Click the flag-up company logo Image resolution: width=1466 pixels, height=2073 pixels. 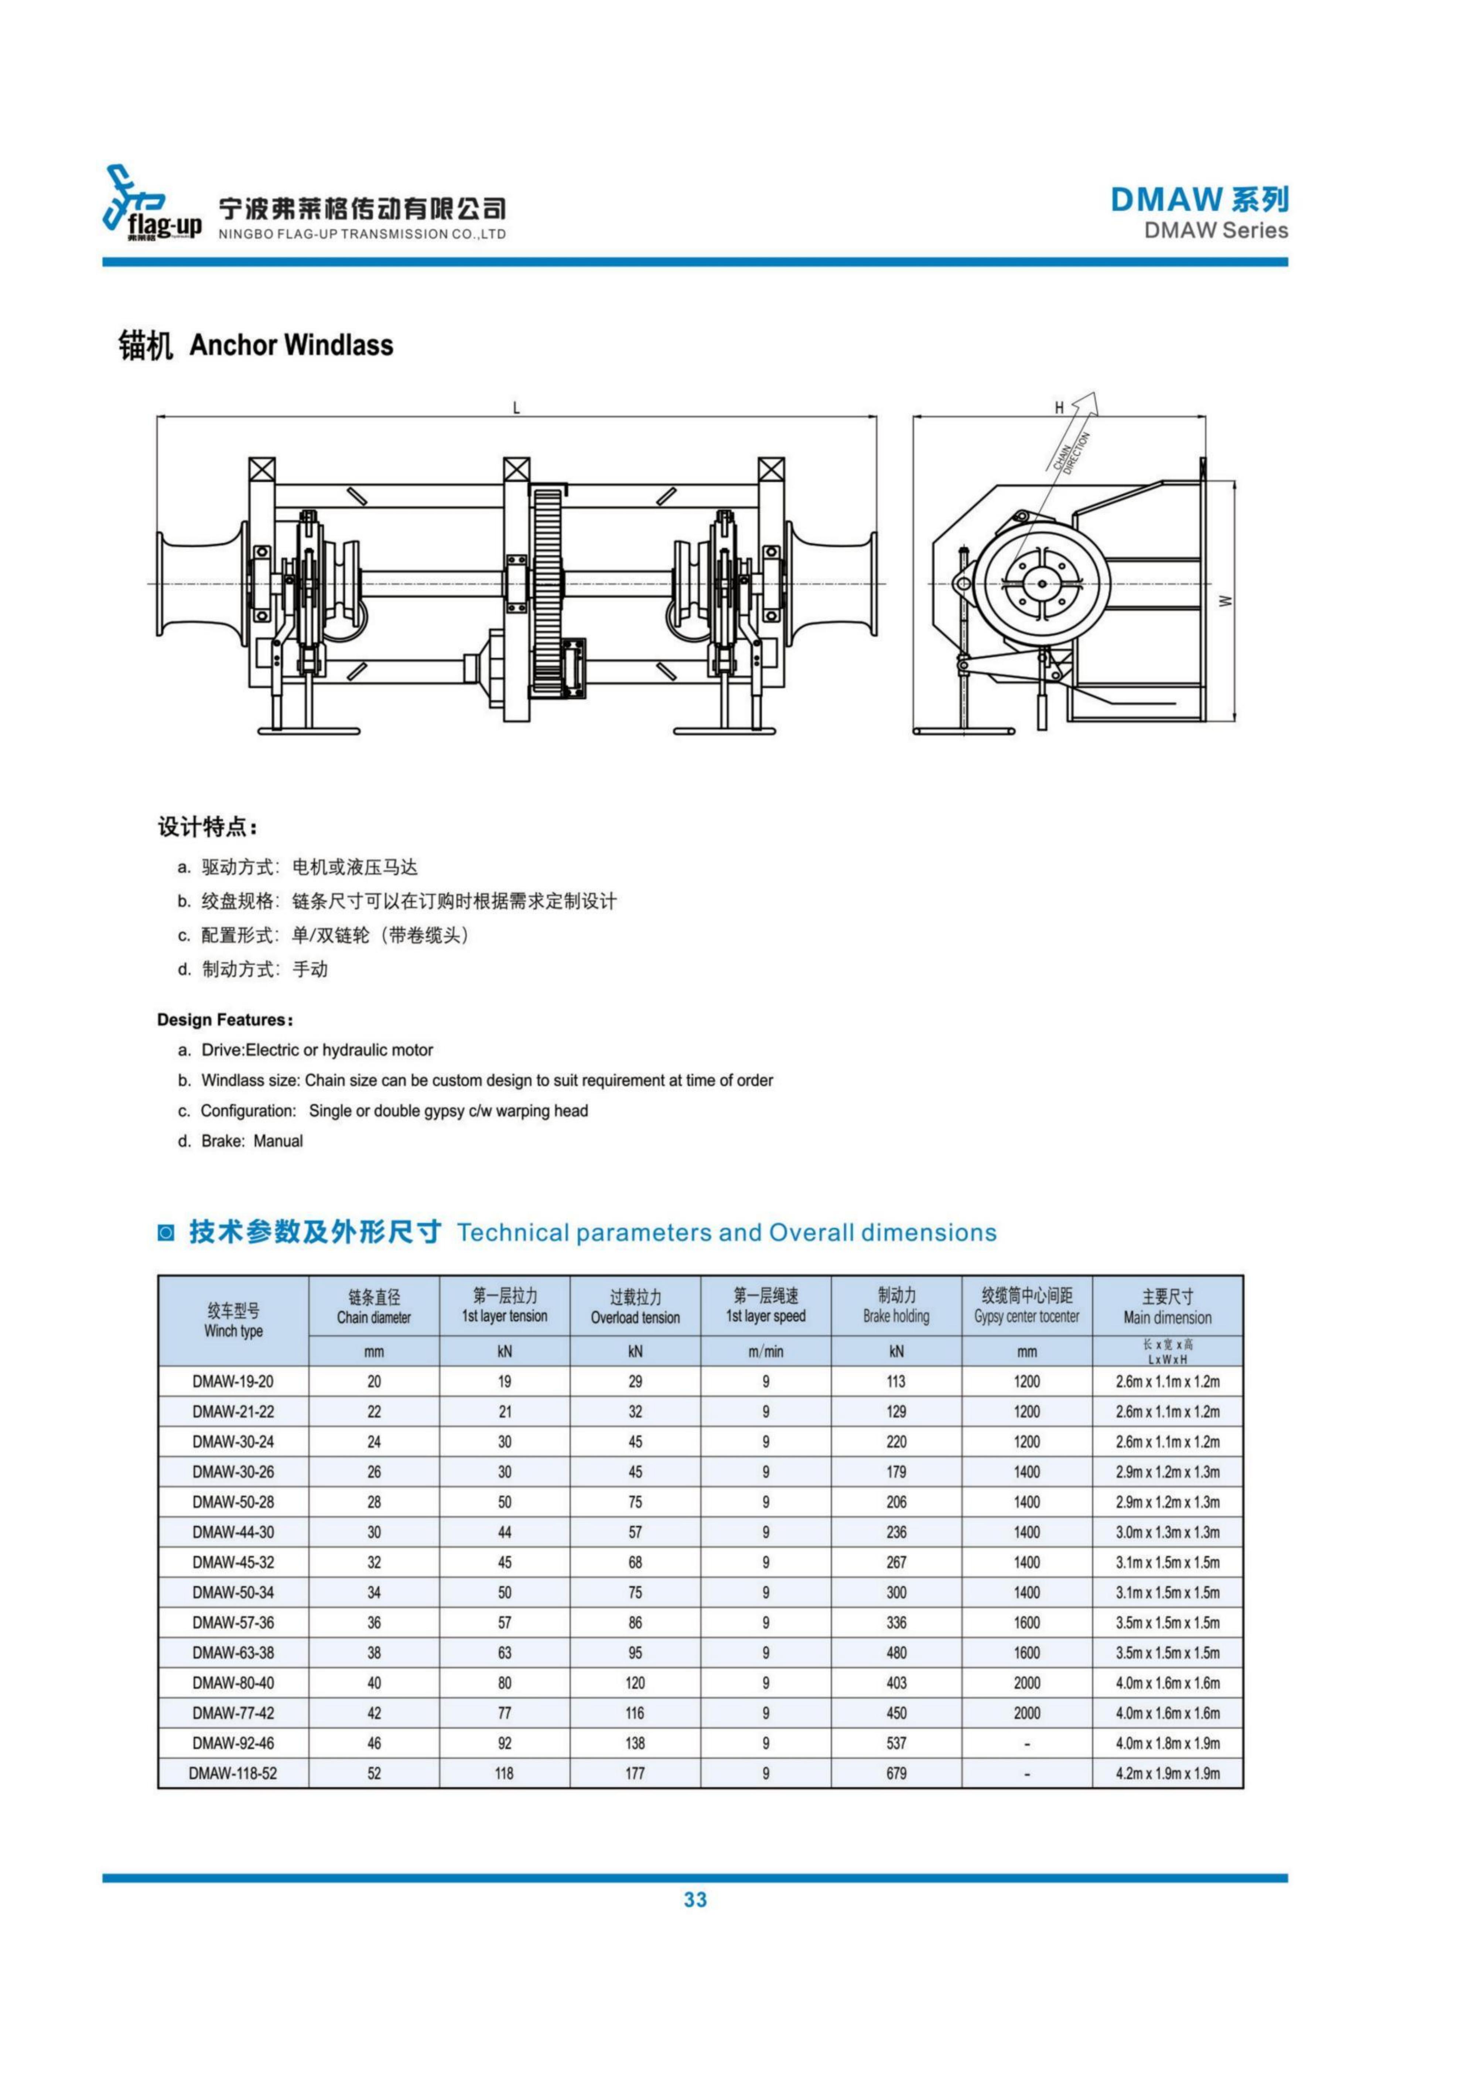pos(152,206)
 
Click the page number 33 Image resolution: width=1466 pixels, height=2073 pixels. pos(695,1900)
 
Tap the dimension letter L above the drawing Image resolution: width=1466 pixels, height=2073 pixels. pos(516,408)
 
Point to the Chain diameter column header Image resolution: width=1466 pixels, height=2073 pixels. pos(374,1306)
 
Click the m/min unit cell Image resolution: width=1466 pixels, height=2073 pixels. pos(765,1352)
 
